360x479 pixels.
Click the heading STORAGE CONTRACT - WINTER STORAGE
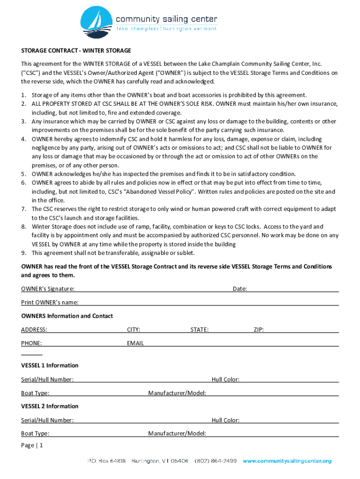click(x=76, y=51)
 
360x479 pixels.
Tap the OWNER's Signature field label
click(x=48, y=289)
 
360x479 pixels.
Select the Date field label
click(x=240, y=289)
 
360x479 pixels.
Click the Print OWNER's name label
click(x=50, y=303)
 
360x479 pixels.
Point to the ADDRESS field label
click(x=34, y=330)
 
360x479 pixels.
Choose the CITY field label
click(x=134, y=330)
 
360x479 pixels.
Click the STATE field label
click(x=199, y=330)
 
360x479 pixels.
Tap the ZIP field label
click(x=259, y=330)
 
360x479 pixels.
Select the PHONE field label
click(x=31, y=343)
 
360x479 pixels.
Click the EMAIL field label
click(x=136, y=343)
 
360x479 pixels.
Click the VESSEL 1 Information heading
click(x=50, y=365)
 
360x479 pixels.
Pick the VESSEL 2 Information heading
click(x=50, y=406)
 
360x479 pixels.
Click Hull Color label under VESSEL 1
click(x=225, y=380)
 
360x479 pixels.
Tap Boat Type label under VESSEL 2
click(x=36, y=434)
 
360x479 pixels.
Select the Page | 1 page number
click(x=32, y=446)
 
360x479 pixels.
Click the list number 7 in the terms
click(x=23, y=209)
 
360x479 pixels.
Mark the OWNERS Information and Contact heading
click(x=67, y=316)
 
